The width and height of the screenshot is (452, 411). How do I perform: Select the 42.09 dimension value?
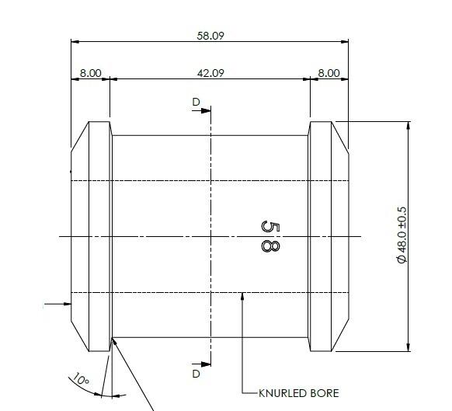tap(210, 73)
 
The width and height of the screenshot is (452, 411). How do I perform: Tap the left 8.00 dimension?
tap(90, 73)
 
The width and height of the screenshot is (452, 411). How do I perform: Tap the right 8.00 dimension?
tap(329, 73)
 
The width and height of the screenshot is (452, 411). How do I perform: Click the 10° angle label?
tap(81, 381)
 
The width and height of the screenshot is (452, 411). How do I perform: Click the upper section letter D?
tap(196, 102)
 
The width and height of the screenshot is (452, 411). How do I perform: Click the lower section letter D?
tap(196, 374)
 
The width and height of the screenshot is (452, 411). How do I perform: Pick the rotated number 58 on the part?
tap(269, 235)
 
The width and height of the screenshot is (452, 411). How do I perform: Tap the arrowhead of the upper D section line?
tap(206, 110)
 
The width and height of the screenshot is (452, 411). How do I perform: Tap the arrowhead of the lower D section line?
tap(206, 362)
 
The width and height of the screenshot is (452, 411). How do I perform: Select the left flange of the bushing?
tap(92, 235)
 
